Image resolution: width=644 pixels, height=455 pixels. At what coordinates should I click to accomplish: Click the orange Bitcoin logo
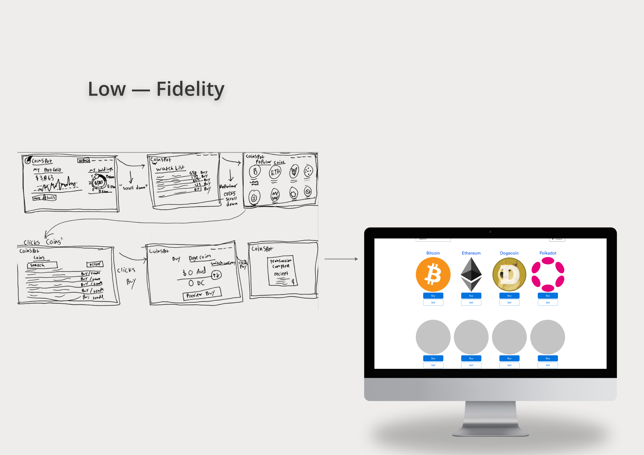point(433,274)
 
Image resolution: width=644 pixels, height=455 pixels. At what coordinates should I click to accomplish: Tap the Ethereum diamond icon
point(471,274)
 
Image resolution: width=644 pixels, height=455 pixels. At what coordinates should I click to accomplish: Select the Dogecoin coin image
point(509,274)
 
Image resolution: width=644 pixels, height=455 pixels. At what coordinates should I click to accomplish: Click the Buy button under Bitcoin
point(433,296)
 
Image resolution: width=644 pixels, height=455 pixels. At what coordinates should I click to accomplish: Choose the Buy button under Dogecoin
point(509,296)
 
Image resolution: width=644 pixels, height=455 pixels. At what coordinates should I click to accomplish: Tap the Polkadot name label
point(548,253)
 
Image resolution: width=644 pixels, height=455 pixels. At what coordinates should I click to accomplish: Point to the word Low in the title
point(107,89)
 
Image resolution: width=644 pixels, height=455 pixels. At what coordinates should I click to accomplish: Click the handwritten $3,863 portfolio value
point(44,178)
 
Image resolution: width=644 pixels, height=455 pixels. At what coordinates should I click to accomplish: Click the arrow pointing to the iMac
point(341,259)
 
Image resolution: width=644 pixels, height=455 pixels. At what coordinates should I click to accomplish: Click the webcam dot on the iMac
point(490,232)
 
